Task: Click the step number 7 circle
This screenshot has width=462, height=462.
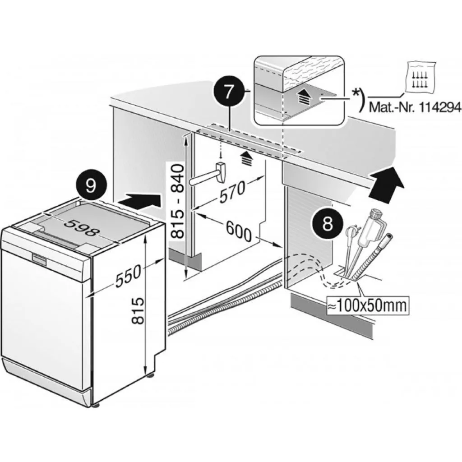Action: tap(229, 92)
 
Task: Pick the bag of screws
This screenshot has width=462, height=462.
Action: tap(421, 78)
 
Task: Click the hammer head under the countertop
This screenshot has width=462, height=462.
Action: tap(221, 172)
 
